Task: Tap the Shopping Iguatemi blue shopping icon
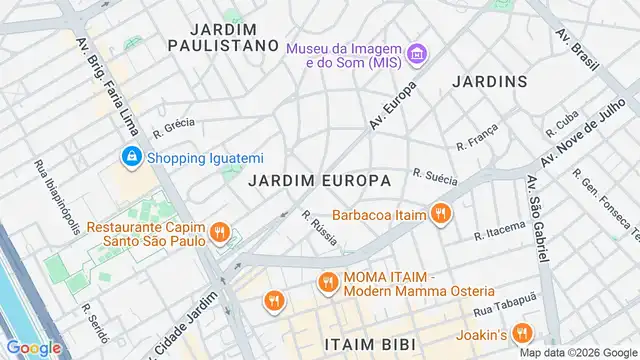click(131, 156)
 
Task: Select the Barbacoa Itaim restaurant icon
click(439, 212)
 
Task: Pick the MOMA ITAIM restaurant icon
click(327, 283)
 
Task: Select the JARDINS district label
click(489, 80)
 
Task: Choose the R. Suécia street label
click(434, 176)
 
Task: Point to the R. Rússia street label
click(319, 227)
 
